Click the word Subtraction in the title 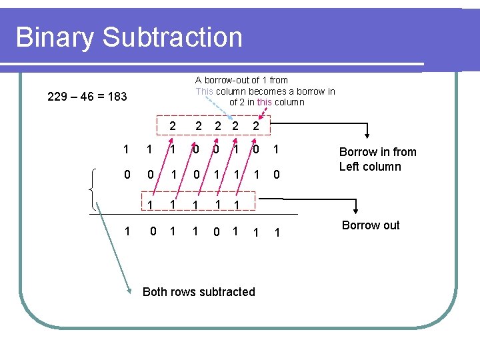click(x=173, y=37)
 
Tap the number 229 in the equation click(x=57, y=97)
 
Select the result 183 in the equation click(x=117, y=97)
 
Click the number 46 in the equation click(x=87, y=97)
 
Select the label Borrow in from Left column click(x=377, y=159)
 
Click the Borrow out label click(x=371, y=225)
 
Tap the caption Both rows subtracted click(x=199, y=291)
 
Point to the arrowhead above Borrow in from click(x=367, y=137)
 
